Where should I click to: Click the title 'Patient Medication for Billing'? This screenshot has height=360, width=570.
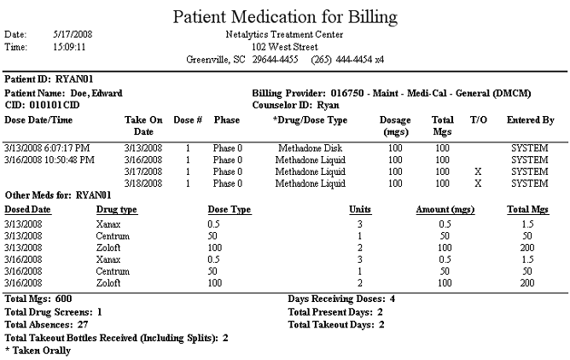coord(285,17)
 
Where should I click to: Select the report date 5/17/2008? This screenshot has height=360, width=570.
coord(73,34)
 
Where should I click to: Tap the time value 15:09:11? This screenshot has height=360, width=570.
coord(69,47)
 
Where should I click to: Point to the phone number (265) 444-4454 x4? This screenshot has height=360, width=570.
coord(347,59)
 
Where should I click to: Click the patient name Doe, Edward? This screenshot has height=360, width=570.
coord(96,93)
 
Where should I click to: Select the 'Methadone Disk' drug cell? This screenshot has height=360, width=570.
coord(310,148)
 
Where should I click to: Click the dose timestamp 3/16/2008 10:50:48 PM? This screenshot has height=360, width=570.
coord(49,160)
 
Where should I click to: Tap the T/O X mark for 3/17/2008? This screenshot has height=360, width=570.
coord(478,171)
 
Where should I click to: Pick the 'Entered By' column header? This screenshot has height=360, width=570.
coord(531,120)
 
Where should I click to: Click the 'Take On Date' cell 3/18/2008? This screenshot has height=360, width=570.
coord(143,183)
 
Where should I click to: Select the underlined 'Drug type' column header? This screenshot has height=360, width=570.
coord(117,210)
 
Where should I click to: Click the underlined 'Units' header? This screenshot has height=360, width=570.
coord(360,209)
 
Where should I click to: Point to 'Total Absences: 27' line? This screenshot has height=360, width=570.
coord(47,324)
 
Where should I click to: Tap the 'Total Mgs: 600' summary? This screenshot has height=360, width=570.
coord(38,299)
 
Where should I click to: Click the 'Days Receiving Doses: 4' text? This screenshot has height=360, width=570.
coord(341,299)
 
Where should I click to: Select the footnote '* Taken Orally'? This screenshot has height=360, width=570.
coord(38,351)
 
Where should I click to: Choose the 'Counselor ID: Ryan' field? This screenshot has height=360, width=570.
coord(295,105)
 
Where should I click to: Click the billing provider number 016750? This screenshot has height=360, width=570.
coord(347,93)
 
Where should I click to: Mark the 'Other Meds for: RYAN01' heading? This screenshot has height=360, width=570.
coord(58,195)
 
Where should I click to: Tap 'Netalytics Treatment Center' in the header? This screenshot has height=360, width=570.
coord(284,34)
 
